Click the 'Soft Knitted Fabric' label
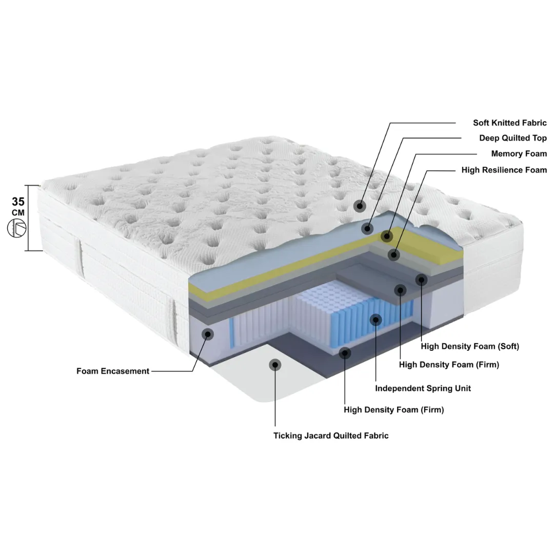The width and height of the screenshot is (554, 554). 509,123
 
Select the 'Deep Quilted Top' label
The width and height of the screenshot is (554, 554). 512,138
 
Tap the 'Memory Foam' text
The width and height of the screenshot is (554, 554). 519,153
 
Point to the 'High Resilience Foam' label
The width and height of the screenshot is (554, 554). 504,170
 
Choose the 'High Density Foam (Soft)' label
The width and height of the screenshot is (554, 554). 470,346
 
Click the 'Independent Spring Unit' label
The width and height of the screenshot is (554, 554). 423,388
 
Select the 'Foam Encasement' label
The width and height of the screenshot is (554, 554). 113,371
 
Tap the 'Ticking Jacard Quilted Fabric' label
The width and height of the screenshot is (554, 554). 331,436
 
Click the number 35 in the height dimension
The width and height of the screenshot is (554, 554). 18,202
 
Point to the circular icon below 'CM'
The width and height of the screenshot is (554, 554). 16,228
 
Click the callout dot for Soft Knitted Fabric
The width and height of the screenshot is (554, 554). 360,206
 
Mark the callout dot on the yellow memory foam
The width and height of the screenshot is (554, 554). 387,236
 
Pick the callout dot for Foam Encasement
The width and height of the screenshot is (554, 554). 208,333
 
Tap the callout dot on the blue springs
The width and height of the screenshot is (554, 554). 375,320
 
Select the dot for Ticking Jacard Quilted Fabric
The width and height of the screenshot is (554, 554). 275,365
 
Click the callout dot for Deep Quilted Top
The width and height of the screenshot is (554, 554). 367,229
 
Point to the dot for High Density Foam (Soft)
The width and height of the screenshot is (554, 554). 421,280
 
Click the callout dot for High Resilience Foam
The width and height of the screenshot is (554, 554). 393,254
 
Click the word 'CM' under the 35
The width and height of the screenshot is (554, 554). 18,213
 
